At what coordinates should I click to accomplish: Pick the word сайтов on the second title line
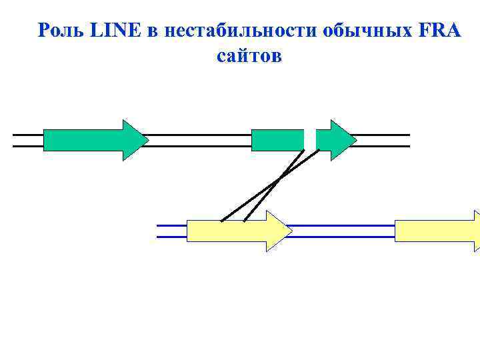click(249, 57)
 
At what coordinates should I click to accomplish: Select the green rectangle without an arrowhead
click(277, 140)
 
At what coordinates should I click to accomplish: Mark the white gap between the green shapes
click(310, 139)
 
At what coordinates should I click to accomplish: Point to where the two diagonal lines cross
click(279, 178)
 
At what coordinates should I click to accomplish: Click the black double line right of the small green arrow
click(383, 140)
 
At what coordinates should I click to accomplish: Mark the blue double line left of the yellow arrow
click(171, 231)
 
